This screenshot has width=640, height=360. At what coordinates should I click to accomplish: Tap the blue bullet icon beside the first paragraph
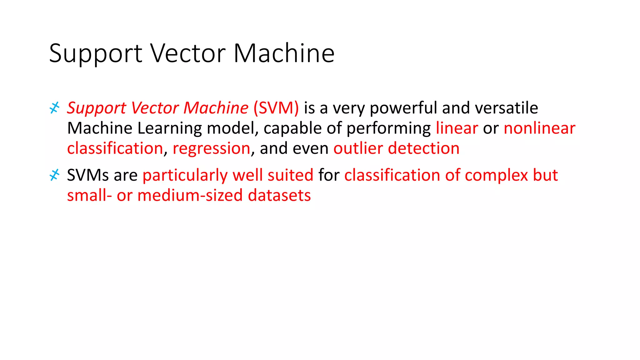click(x=54, y=108)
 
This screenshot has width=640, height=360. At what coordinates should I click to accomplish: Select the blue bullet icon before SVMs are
click(x=54, y=175)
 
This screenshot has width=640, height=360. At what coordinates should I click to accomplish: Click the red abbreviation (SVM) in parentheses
click(x=276, y=108)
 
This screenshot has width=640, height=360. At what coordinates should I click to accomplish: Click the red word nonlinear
click(x=539, y=128)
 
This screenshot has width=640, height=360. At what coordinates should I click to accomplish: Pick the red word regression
click(x=211, y=148)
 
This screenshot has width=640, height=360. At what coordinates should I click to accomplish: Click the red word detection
click(x=423, y=148)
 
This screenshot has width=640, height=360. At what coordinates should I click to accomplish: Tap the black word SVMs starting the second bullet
click(x=88, y=175)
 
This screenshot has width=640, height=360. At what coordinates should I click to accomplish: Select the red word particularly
click(x=185, y=175)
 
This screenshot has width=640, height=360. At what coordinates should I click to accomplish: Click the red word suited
click(x=290, y=175)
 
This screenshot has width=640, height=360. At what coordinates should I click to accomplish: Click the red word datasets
click(x=279, y=196)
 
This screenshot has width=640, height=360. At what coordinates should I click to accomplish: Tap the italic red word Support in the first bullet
click(x=97, y=108)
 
